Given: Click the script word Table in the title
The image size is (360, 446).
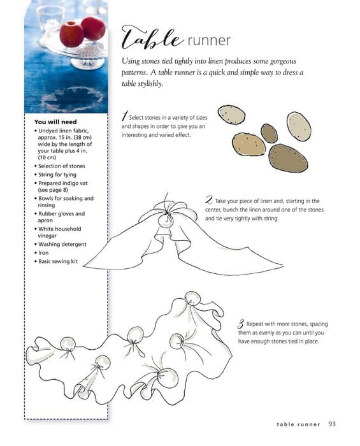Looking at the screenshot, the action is point(152,38).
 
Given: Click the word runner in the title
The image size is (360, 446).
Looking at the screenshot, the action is point(209,40).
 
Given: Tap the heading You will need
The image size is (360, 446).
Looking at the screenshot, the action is point(55,122).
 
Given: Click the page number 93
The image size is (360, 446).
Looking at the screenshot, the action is point(332,424).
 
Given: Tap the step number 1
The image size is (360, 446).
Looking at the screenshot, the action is point(124,116).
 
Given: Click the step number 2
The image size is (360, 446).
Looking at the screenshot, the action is point(209,199).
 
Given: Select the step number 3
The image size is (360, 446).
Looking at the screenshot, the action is point(241,324).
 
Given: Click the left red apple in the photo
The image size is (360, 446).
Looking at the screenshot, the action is point(71,34).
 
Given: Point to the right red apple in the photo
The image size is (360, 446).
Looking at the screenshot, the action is point(93,28).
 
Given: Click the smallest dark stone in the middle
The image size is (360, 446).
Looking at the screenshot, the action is point(269,133).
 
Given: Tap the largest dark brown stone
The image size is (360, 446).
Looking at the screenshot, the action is point(288,158).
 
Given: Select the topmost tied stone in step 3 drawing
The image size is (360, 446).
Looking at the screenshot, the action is point(192,298).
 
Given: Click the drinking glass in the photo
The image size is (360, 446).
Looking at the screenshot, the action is point(50,21).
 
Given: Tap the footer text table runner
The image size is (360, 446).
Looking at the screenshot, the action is point(298,424).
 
